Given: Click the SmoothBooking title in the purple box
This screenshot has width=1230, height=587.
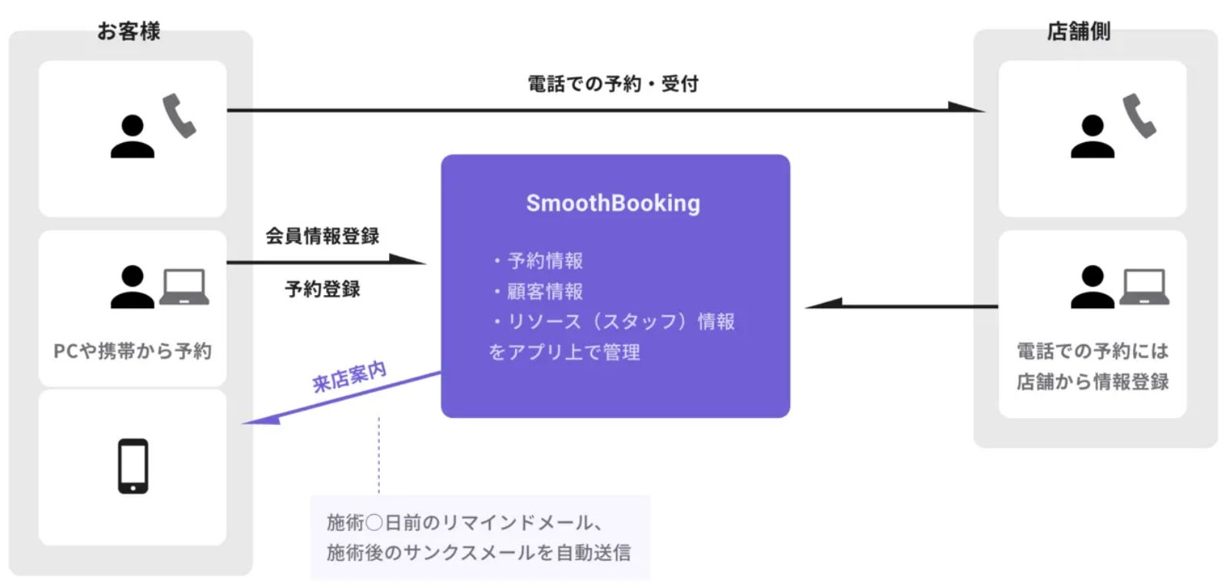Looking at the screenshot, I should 613,203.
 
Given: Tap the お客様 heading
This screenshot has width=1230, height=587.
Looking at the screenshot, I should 128,31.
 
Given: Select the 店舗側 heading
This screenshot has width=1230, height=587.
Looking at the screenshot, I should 1079,31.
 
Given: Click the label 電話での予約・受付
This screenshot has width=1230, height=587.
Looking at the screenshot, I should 613,83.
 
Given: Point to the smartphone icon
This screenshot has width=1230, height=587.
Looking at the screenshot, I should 133,466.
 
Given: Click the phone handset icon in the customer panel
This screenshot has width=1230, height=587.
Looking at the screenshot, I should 179,115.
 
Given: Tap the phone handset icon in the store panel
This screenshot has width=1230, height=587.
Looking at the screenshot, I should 1139,115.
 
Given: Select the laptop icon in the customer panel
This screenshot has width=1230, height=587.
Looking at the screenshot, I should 184,287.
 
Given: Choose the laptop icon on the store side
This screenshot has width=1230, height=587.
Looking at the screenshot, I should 1144,287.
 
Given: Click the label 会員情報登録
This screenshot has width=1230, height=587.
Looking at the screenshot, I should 322,236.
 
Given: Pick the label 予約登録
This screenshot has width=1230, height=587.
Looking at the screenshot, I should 322,289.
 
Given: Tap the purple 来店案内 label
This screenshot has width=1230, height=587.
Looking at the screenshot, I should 349,376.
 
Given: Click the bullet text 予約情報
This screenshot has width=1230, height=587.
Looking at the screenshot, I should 545,260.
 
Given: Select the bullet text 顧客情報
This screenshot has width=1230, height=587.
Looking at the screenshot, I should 545,291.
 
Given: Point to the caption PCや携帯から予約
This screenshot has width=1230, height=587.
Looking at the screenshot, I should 132,351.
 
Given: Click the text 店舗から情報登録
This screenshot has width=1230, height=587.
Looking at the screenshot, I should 1092,382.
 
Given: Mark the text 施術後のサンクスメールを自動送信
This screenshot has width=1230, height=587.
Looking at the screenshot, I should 478,552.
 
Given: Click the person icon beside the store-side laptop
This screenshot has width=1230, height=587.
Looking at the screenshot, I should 1092,287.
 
